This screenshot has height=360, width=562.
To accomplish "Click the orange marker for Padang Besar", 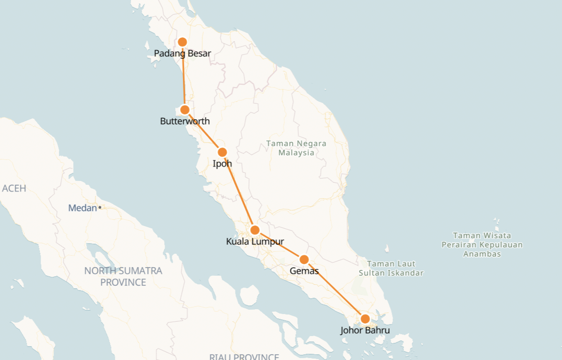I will [x=182, y=42].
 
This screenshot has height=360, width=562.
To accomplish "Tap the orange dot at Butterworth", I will [x=185, y=110].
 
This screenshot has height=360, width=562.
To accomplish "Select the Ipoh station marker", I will [x=222, y=152].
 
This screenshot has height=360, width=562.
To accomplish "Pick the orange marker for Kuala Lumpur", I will [x=255, y=230].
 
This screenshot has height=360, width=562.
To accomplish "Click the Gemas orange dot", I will [x=304, y=259].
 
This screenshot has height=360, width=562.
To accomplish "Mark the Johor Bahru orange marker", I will [x=365, y=319].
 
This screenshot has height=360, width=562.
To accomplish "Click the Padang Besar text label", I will [x=182, y=54].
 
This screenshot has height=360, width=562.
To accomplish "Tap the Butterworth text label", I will [x=185, y=121].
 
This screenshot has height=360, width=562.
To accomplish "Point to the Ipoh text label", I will [x=222, y=164].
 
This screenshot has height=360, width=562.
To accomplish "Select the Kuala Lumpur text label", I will [x=255, y=242].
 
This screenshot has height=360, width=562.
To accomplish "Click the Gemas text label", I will [x=304, y=271].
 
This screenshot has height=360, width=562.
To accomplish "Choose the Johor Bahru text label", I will [x=365, y=330].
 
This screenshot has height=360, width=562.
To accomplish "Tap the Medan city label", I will [x=82, y=208].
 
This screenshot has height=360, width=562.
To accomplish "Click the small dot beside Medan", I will [x=100, y=208].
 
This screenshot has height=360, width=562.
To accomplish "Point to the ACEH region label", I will [x=14, y=188].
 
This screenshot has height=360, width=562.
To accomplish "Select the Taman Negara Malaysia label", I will [x=297, y=148].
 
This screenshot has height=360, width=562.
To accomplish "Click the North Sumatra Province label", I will [x=123, y=276].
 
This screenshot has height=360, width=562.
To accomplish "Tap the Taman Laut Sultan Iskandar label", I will [x=391, y=268].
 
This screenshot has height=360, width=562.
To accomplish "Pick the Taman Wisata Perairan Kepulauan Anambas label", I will [x=482, y=245].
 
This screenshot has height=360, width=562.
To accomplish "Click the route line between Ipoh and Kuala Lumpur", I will [x=238, y=191].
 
